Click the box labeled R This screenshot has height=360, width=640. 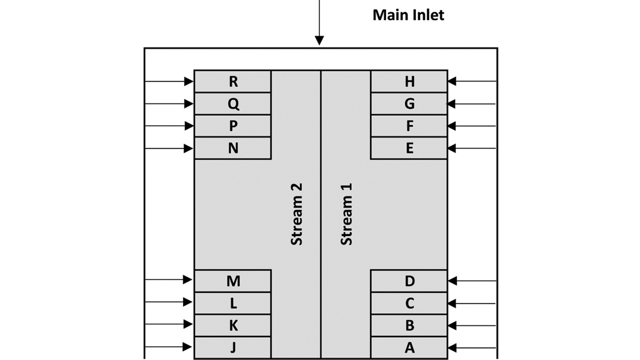233,81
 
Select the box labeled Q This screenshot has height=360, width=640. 233,103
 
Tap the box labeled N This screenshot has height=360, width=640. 233,148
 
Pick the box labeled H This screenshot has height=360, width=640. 409,81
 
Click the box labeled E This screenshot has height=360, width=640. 409,148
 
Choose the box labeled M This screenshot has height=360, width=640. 233,281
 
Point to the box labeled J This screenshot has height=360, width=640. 233,348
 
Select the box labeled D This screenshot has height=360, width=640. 409,281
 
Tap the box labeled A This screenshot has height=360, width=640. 409,348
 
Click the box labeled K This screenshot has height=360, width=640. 233,325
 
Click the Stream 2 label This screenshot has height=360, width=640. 297,214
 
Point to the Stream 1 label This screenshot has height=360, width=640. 347,214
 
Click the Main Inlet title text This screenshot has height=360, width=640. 408,14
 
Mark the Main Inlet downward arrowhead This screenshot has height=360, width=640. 319,41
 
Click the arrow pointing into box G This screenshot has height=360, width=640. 472,104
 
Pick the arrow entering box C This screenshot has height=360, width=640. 472,303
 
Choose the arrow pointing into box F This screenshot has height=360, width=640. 472,126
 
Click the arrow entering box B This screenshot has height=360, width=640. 472,325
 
